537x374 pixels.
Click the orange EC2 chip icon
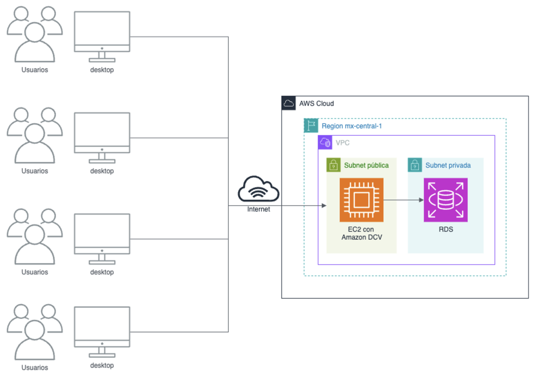coord(361,200)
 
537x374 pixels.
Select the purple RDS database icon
coord(445,200)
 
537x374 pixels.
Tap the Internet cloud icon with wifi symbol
coord(259,189)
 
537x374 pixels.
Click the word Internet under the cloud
coord(259,209)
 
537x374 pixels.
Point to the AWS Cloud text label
coord(316,103)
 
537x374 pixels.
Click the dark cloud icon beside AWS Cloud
coord(288,103)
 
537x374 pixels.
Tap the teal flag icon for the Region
coord(311,126)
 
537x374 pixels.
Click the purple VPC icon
coord(325,142)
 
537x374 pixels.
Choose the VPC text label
coord(342,143)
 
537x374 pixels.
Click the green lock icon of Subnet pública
coord(333,165)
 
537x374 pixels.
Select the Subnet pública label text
coord(366,165)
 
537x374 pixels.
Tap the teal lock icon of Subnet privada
coord(415,165)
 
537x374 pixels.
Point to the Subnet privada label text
coord(448,165)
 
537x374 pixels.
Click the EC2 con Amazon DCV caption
coord(361,233)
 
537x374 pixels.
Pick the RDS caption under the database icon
coord(445,229)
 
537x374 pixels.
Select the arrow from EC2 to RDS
coord(404,200)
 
